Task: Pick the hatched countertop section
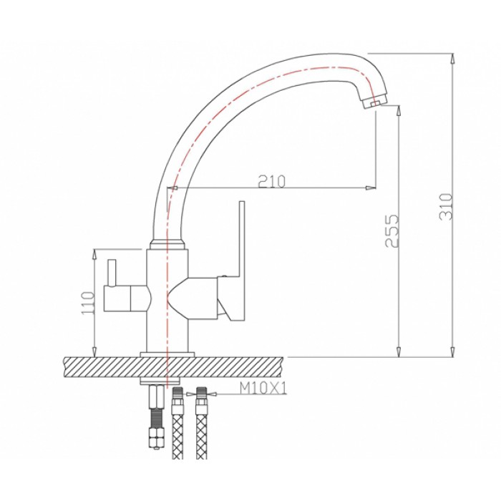tap(107, 366)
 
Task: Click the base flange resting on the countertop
tap(167, 353)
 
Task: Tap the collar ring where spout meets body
tap(167, 244)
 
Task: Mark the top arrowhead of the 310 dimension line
tap(452, 57)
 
